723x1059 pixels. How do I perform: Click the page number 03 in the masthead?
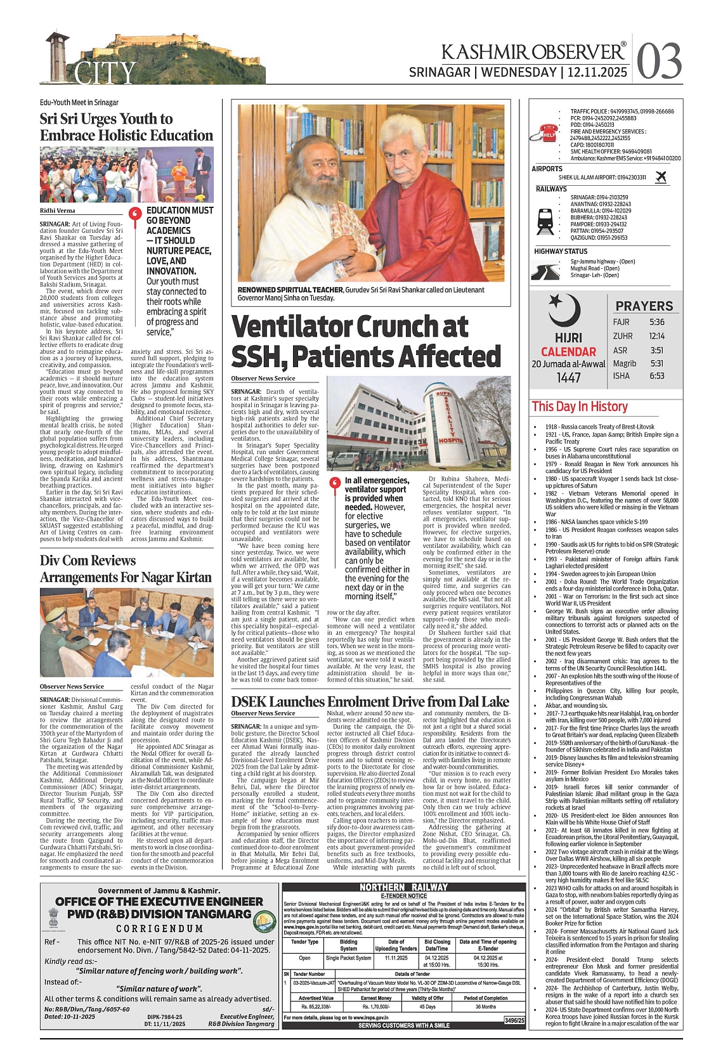(659, 61)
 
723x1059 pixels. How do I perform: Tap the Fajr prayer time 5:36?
(656, 322)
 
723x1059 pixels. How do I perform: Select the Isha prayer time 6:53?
(656, 376)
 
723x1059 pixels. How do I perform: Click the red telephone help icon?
(547, 133)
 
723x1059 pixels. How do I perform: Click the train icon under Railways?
(545, 219)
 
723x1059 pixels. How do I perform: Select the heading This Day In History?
(580, 406)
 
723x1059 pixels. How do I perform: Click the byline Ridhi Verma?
(57, 211)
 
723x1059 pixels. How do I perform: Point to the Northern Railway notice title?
(403, 887)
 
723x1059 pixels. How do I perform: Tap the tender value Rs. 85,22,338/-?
(316, 1006)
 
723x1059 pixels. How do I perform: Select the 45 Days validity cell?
(427, 1006)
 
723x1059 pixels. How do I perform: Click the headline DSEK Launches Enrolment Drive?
(370, 701)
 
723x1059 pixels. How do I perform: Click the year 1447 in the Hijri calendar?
(568, 377)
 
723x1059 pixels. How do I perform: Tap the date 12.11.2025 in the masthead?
(596, 72)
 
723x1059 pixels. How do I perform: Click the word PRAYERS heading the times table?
(644, 306)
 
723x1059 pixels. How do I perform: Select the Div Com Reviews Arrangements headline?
(126, 569)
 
